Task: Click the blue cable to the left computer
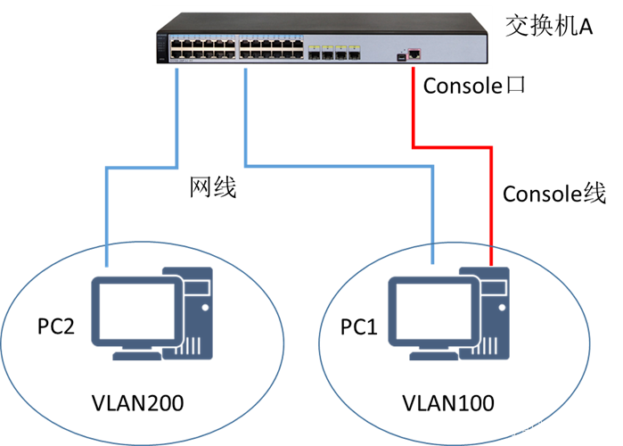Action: click(143, 167)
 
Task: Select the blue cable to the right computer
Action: click(339, 166)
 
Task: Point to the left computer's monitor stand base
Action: click(137, 356)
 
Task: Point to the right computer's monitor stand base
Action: click(435, 356)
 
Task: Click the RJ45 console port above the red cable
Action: click(414, 54)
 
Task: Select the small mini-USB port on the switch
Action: click(401, 57)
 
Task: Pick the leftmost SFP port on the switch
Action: click(314, 54)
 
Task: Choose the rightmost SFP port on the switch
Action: click(355, 54)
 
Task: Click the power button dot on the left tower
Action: click(205, 309)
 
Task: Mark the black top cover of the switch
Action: click(321, 21)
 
